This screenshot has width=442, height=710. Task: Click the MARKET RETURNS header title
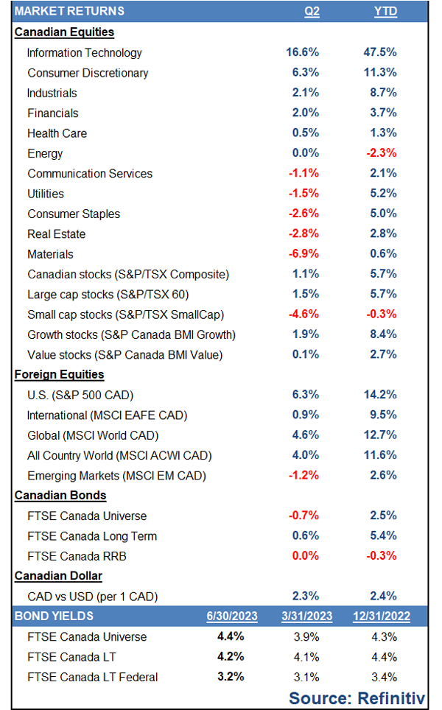tap(70, 11)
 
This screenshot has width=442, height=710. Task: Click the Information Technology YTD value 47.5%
tap(380, 52)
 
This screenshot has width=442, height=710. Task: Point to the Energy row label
tap(45, 153)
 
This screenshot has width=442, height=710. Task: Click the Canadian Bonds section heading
tap(60, 496)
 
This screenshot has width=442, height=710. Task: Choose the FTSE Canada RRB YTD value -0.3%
tap(380, 555)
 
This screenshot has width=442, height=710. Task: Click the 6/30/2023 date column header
tap(228, 616)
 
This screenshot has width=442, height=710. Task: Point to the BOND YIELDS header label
tap(55, 616)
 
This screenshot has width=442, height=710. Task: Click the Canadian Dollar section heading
tap(58, 576)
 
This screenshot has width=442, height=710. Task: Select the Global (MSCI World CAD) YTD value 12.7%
tap(380, 435)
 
